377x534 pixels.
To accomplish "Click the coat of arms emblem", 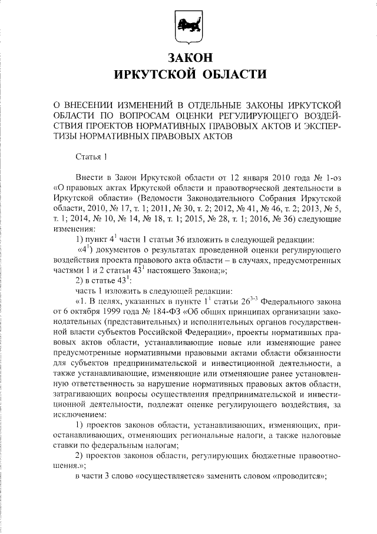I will coord(188,28).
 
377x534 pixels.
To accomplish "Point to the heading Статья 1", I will coord(92,157).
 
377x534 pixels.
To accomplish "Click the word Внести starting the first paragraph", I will coord(90,178).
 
